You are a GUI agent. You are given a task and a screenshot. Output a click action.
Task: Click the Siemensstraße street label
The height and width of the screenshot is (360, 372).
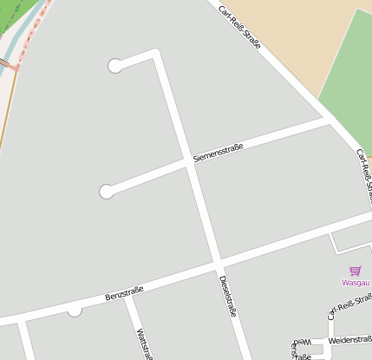(218, 153)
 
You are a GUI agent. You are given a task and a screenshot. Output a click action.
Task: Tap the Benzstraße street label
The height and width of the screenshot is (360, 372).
(123, 291)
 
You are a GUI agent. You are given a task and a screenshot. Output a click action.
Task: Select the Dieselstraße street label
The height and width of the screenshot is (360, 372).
(227, 297)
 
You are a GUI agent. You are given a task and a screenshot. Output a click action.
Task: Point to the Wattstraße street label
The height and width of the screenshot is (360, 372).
(139, 343)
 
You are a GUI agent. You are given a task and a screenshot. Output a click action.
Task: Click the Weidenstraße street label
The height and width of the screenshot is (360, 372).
(350, 341)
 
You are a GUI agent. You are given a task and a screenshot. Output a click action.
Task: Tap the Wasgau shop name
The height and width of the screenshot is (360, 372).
(355, 283)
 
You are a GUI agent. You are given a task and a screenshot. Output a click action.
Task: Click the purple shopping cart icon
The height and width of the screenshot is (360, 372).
(355, 271)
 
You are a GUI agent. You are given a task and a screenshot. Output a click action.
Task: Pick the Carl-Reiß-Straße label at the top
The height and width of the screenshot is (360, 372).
(239, 27)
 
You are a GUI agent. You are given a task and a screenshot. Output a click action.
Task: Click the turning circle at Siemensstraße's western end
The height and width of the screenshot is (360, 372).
(107, 192)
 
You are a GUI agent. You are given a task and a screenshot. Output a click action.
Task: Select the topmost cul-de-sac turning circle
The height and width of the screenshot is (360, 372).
(114, 66)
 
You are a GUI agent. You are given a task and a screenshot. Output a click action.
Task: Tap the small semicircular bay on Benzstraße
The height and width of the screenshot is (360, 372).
(75, 310)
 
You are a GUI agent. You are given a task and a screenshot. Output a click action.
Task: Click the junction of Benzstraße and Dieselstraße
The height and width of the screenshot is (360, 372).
(218, 260)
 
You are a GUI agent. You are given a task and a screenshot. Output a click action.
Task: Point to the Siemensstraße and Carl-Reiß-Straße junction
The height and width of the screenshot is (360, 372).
(327, 120)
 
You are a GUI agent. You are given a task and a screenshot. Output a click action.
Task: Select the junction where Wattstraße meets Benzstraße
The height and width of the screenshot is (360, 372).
(127, 295)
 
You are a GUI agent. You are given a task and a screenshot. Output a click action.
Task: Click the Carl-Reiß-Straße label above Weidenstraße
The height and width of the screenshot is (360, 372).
(349, 305)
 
